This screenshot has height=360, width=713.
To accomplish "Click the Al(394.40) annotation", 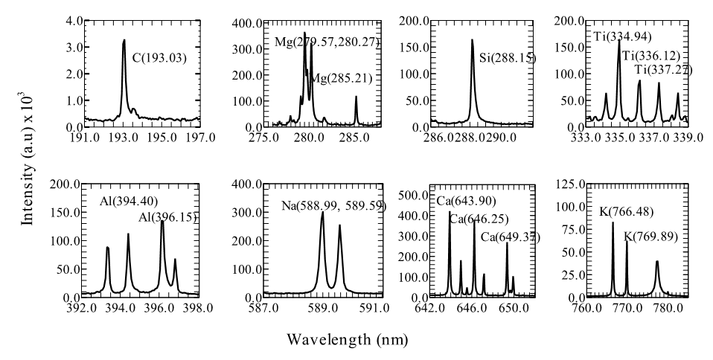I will pyautogui.click(x=129, y=202).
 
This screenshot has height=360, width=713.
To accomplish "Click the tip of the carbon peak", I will pyautogui.click(x=124, y=40).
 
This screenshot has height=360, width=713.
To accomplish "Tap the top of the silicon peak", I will pyautogui.click(x=472, y=40).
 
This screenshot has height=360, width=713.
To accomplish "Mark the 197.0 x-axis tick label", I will pyautogui.click(x=199, y=138).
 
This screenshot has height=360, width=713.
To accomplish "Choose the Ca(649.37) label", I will pyautogui.click(x=510, y=237).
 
